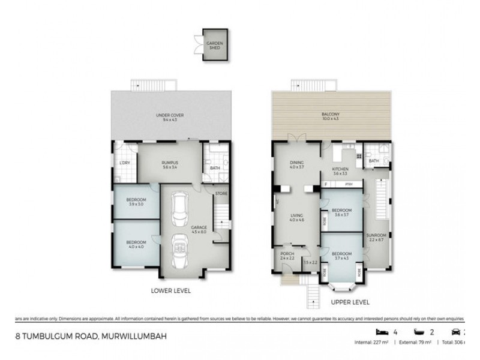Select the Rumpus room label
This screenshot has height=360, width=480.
[170, 164]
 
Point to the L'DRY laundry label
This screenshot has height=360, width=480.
[125, 163]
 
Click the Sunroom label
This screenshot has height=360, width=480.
[376, 237]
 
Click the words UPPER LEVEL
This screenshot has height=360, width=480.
[350, 302]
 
